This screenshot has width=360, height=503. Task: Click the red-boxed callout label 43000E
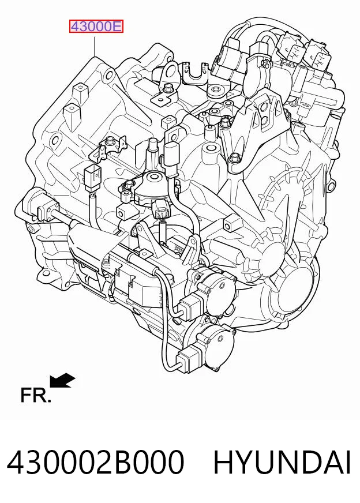(x=96, y=27)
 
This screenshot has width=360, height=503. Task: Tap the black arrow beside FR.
(x=62, y=380)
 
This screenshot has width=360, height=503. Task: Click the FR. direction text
(x=36, y=395)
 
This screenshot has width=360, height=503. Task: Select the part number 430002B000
(x=96, y=462)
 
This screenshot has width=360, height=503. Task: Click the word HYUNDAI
(x=282, y=462)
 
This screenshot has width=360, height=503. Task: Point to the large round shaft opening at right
(x=296, y=290)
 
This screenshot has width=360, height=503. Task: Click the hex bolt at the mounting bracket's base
(x=234, y=158)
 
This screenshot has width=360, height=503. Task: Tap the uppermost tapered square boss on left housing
(x=80, y=93)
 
